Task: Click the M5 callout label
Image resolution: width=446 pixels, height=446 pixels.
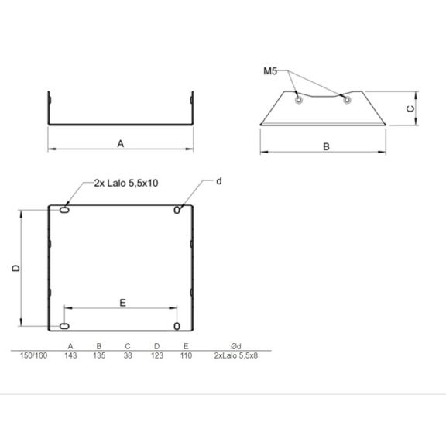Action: [x=270, y=70]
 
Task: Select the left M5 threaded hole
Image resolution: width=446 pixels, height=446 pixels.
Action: [x=298, y=100]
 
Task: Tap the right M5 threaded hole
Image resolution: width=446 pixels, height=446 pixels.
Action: [x=347, y=100]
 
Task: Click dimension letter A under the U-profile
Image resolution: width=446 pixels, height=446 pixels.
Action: [x=121, y=144]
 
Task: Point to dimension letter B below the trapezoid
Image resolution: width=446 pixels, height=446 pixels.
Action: [x=326, y=147]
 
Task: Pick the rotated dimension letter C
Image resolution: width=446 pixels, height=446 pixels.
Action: [x=410, y=108]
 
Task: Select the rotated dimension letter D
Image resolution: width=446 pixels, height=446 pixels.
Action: [x=16, y=268]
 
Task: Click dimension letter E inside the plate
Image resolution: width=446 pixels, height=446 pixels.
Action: [x=122, y=303]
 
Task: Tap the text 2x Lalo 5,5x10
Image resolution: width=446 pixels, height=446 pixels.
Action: [x=126, y=183]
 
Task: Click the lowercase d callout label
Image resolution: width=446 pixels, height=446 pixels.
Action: [x=218, y=181]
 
